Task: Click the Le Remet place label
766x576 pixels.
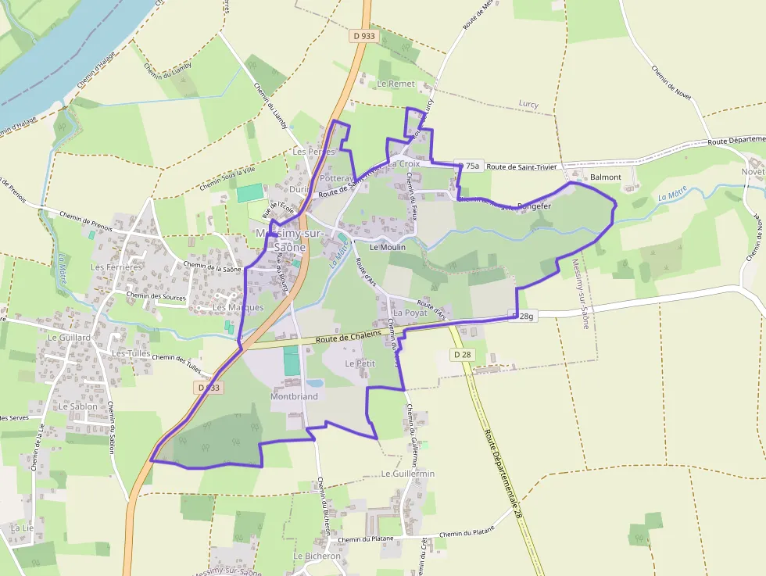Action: pos(396,83)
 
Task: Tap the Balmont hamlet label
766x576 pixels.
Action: pos(606,177)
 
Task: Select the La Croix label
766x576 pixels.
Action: pos(403,164)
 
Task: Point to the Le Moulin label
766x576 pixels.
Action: pos(388,247)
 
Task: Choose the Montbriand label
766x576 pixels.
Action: pos(294,396)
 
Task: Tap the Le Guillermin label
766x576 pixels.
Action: pos(408,474)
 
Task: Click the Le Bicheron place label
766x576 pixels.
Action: pos(317,556)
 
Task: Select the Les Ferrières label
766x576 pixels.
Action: pos(116,267)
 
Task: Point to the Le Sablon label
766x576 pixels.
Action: pos(78,406)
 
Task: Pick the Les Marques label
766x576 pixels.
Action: pos(238,307)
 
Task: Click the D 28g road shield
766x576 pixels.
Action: pos(524,316)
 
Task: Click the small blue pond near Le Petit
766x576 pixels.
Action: pos(315,383)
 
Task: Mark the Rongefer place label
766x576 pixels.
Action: pos(535,206)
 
